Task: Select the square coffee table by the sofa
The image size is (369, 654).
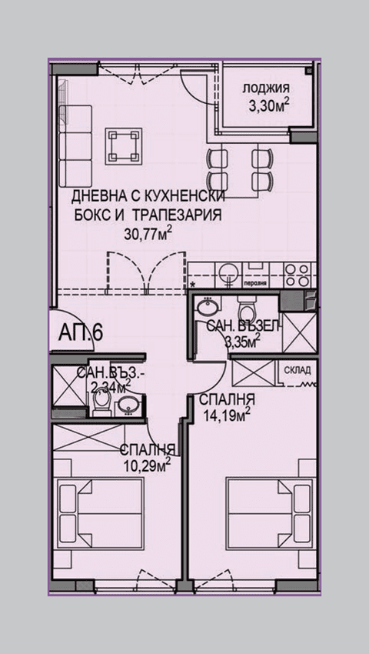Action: click(124, 144)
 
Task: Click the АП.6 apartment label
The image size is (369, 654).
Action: click(81, 332)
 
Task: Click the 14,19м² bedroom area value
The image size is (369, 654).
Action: click(226, 417)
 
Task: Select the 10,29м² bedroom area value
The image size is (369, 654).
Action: click(146, 464)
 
